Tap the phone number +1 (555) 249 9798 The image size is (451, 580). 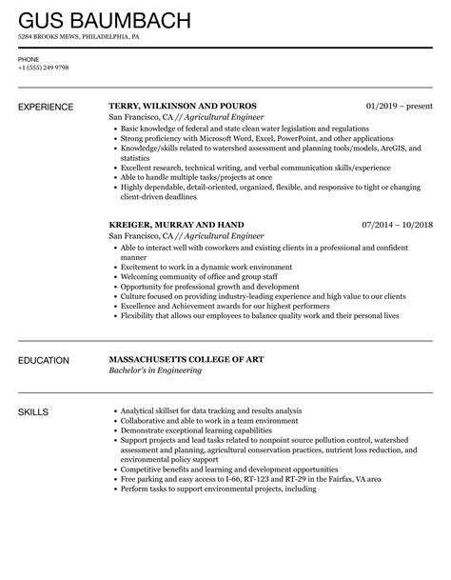(x=42, y=67)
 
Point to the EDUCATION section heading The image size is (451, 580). (x=44, y=361)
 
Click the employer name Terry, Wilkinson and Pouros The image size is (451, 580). (x=183, y=106)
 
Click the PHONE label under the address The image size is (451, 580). (x=28, y=58)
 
